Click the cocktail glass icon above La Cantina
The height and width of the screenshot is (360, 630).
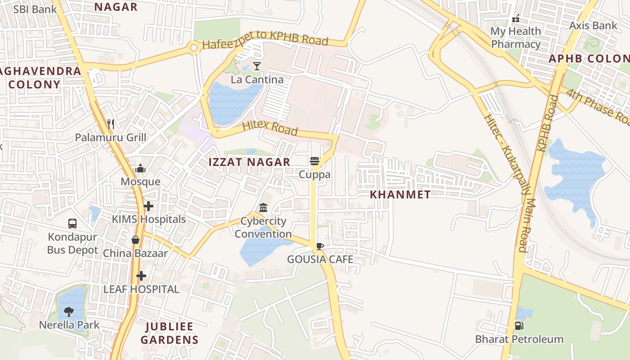256,67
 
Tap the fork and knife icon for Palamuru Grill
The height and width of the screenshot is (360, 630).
111,124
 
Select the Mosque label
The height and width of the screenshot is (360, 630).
140,181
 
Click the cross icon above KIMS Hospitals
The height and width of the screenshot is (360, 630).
148,206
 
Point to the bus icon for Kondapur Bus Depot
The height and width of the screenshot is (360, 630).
72,223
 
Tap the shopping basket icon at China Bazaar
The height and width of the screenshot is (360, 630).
135,240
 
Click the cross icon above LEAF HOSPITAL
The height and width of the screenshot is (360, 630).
141,275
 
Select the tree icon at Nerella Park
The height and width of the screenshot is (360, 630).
69,311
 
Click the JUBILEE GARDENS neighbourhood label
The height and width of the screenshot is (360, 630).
169,333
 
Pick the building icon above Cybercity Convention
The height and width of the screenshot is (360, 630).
263,207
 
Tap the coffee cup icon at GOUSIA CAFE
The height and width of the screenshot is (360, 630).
319,246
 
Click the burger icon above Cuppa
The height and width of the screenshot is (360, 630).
315,161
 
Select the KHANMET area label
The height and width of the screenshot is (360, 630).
400,194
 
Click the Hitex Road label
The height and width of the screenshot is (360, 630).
270,128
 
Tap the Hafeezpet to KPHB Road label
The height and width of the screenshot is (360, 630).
265,39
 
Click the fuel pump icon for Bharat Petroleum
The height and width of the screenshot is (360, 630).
519,325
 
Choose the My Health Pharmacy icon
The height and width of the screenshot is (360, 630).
516,18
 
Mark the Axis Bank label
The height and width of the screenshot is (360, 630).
593,26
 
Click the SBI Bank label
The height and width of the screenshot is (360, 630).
35,9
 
